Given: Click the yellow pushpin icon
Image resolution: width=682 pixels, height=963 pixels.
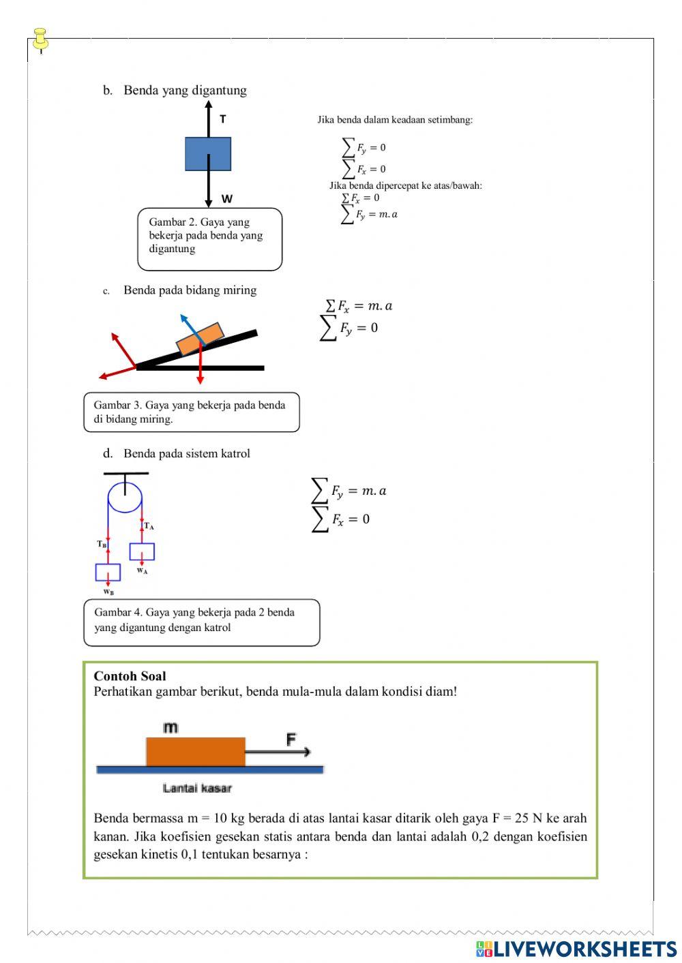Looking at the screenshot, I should [x=41, y=40].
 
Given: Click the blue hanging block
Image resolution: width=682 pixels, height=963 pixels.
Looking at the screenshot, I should [x=208, y=154].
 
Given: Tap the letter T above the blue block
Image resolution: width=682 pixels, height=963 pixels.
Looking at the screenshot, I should [x=223, y=119].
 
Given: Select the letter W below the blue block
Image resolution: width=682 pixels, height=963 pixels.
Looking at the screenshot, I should [x=227, y=199].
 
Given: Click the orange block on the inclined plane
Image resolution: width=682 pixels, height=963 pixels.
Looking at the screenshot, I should [x=200, y=339].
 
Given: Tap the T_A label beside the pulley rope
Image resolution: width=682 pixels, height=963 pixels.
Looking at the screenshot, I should [x=149, y=526].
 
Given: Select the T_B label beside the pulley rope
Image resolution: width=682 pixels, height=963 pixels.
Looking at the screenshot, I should [x=102, y=544].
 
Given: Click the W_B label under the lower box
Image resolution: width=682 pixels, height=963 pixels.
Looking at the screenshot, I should [x=108, y=592].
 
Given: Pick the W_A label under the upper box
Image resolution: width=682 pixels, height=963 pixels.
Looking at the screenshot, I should [x=142, y=571].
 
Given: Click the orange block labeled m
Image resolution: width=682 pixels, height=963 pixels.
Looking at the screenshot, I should [x=196, y=751].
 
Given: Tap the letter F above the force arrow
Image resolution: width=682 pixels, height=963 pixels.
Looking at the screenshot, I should [x=291, y=739].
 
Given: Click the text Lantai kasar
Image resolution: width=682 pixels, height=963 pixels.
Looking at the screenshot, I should [x=197, y=789].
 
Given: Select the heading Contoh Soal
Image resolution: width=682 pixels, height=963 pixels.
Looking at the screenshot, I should [x=130, y=676].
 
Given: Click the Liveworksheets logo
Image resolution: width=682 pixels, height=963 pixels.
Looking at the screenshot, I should [x=576, y=949].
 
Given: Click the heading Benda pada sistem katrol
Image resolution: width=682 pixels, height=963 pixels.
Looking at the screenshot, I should [x=186, y=453].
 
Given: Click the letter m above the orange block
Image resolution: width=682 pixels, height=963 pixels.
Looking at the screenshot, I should [x=170, y=728].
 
